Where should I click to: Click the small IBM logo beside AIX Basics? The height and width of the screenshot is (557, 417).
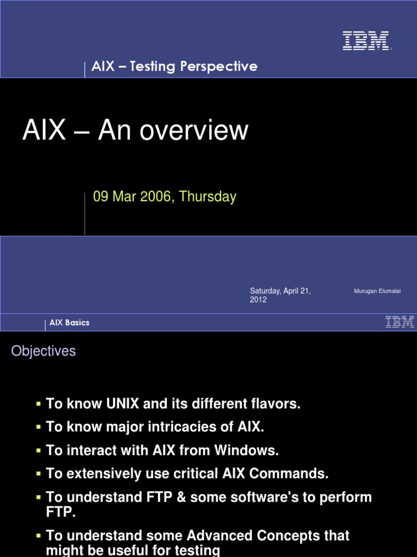400,322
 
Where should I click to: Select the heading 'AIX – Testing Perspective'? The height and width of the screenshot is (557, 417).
174,66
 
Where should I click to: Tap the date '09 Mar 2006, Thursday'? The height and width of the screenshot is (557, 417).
165,196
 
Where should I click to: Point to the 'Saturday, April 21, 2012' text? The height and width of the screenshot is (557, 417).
280,295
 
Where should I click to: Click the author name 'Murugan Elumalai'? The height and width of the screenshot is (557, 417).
377,292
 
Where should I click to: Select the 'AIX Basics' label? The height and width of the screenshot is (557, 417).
69,323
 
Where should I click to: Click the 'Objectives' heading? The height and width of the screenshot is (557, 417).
43,351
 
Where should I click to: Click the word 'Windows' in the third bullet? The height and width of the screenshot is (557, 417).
247,451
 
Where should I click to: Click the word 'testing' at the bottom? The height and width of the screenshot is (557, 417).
198,550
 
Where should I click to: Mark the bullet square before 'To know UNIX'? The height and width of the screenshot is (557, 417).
39,404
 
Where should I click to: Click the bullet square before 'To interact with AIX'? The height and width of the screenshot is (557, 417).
39,451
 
